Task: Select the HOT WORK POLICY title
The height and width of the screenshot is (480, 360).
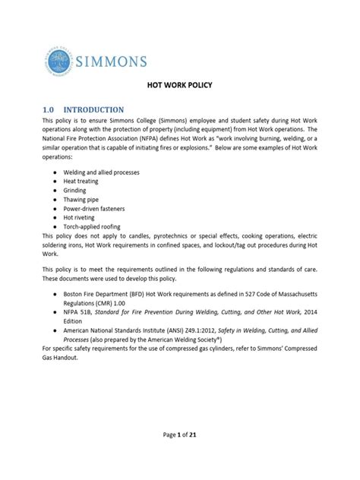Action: pyautogui.click(x=179, y=86)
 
